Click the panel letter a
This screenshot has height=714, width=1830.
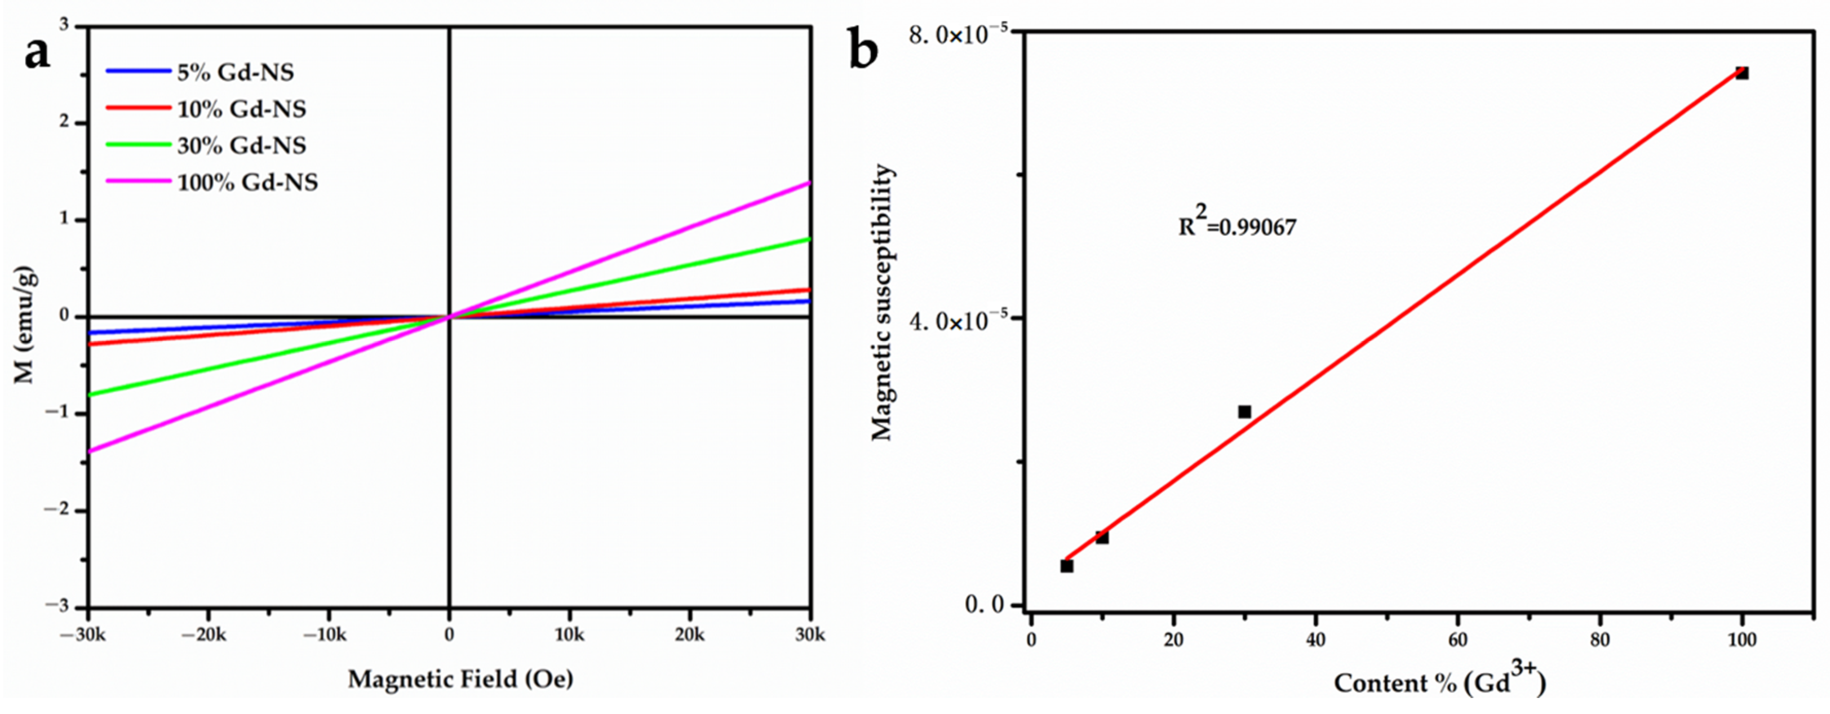pos(37,53)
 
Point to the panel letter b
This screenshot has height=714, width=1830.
pos(864,52)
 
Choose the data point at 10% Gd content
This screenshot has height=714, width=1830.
pos(1102,537)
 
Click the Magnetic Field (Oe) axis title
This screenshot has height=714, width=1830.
pos(460,679)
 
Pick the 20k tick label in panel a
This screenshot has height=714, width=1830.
pos(689,634)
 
